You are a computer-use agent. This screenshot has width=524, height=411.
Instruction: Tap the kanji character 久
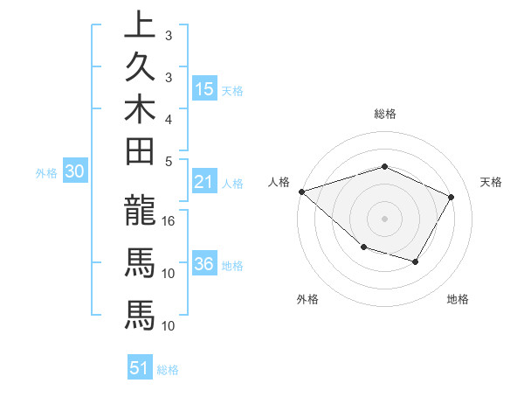pyautogui.click(x=140, y=69)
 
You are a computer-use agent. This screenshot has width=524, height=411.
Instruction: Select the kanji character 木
pyautogui.click(x=140, y=111)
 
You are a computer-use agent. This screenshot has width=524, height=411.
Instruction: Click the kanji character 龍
pyautogui.click(x=140, y=210)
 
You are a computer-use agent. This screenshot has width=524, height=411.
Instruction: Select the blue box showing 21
pyautogui.click(x=204, y=182)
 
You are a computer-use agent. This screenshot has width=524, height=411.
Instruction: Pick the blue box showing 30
pyautogui.click(x=74, y=172)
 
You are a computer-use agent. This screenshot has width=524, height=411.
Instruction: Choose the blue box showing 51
pyautogui.click(x=141, y=368)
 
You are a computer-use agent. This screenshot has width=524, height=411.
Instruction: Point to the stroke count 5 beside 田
pyautogui.click(x=169, y=161)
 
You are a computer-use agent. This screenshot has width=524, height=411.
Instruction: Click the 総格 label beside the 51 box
pyautogui.click(x=168, y=370)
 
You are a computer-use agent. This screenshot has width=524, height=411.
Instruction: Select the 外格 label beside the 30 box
pyautogui.click(x=46, y=173)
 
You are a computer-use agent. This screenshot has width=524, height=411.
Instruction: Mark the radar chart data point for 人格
pyautogui.click(x=301, y=191)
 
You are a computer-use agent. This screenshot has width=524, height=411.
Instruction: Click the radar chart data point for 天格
pyautogui.click(x=452, y=197)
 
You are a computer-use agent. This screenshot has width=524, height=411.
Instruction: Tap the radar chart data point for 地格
pyautogui.click(x=416, y=261)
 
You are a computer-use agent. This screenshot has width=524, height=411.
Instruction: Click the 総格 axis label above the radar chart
pyautogui.click(x=385, y=114)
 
